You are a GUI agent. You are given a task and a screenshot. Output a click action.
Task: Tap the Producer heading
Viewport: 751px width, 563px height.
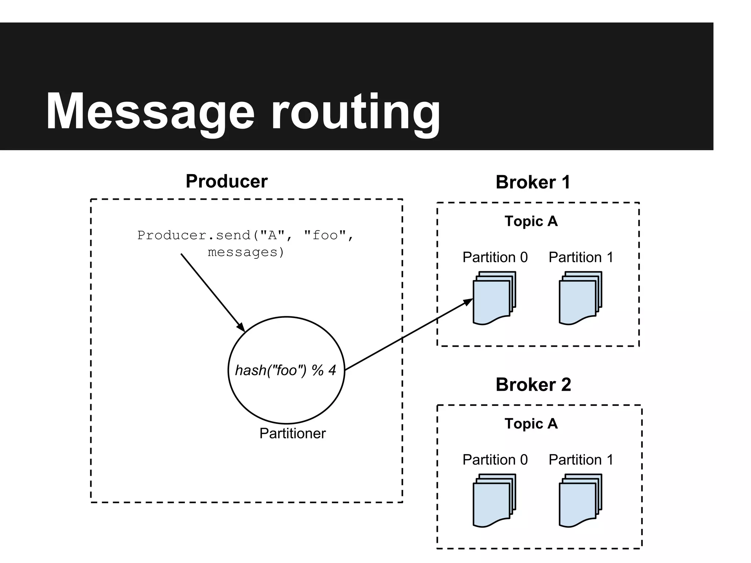[227, 181]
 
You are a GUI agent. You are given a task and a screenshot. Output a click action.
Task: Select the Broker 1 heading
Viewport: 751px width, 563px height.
[533, 182]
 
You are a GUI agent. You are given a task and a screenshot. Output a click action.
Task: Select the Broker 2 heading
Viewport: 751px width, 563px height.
[533, 384]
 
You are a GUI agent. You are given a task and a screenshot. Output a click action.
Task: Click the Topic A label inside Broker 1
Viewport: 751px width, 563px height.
[531, 221]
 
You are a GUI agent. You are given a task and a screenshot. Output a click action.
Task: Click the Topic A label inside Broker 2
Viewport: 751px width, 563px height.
[531, 423]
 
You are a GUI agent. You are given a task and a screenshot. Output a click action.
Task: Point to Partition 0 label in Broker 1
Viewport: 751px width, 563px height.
[495, 257]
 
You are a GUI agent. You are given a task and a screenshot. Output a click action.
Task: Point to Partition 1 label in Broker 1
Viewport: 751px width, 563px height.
[581, 257]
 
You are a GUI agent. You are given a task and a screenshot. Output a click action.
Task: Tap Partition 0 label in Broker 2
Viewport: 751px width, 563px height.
[495, 460]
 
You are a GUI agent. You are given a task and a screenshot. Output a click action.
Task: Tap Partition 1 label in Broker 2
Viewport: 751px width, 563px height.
[581, 460]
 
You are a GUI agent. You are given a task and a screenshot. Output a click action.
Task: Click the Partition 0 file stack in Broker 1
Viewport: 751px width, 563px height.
[494, 298]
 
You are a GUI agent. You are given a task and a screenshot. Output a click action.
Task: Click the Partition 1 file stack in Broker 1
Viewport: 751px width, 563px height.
[580, 298]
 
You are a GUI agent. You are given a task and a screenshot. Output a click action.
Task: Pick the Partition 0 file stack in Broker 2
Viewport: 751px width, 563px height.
[494, 501]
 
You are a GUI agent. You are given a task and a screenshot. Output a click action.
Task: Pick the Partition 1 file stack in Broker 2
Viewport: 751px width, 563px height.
[580, 501]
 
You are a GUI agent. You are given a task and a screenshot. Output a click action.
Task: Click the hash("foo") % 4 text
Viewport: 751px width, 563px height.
[285, 370]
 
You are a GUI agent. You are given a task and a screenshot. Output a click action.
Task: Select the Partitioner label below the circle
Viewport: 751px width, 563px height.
[292, 434]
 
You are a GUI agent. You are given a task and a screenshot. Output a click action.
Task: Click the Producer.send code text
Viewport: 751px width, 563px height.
[245, 243]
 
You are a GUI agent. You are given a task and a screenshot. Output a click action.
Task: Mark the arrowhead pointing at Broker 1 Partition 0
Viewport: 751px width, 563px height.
[468, 302]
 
